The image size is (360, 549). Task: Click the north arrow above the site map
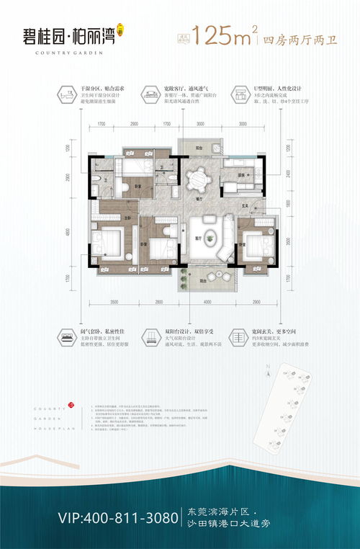[267, 372]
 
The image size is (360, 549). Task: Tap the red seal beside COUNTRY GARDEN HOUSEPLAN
[71, 406]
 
